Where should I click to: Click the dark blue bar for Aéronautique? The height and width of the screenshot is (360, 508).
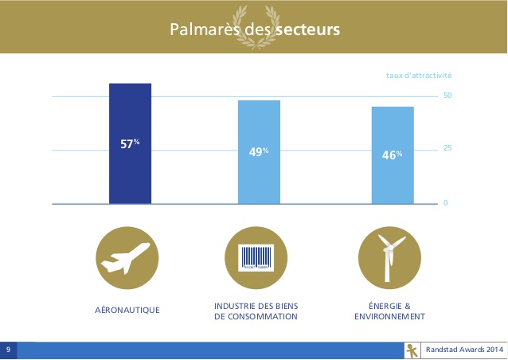click(130, 143)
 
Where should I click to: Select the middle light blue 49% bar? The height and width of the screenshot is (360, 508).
click(260, 152)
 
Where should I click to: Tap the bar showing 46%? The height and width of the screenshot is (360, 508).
click(393, 155)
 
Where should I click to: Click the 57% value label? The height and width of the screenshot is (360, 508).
click(130, 143)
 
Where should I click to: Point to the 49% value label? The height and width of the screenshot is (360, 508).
click(259, 151)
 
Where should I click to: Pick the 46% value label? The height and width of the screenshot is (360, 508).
click(392, 155)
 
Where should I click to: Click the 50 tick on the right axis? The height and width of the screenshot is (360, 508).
click(447, 96)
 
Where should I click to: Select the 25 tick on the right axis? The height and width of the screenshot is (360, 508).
click(447, 148)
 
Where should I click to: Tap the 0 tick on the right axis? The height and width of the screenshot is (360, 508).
click(446, 203)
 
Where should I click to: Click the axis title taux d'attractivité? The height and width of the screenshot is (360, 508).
click(419, 76)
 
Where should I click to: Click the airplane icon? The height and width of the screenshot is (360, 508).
click(125, 258)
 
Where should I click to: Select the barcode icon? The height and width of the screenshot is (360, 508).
click(256, 258)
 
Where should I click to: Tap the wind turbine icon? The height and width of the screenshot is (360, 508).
click(390, 258)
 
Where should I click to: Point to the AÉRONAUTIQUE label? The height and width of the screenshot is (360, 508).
click(127, 310)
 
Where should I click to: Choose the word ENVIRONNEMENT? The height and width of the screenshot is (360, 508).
click(389, 316)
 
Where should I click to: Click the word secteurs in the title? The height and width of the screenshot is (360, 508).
click(308, 29)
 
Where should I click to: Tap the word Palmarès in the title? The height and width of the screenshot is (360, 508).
click(205, 29)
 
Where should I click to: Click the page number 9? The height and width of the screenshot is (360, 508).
click(8, 350)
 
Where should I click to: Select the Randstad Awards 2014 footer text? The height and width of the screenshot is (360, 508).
click(464, 350)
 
